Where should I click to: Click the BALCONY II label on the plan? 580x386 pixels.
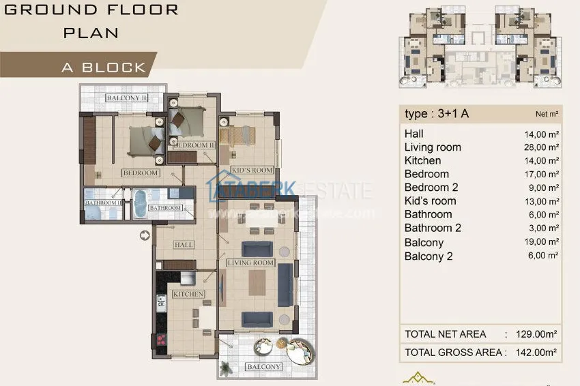click(126, 98)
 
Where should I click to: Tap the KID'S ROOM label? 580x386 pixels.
click(252, 170)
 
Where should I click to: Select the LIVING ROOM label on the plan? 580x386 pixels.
click(250, 263)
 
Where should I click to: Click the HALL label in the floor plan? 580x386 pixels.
click(184, 245)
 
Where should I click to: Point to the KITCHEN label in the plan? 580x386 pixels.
click(188, 294)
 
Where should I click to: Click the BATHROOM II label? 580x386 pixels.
click(103, 203)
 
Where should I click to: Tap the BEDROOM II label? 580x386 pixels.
click(194, 145)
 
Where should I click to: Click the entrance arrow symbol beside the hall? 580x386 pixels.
click(144, 236)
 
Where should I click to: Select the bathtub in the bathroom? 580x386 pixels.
click(139, 203)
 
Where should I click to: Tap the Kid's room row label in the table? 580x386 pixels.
click(430, 201)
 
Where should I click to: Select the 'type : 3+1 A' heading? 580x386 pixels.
click(437, 114)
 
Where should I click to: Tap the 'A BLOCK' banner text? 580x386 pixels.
click(104, 67)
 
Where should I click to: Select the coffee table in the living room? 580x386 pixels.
click(257, 282)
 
